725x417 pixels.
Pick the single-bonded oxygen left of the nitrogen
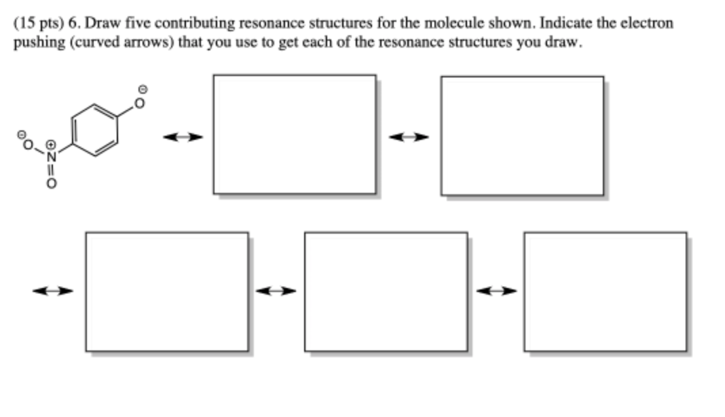[x=29, y=144]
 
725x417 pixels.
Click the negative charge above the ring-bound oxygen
[x=142, y=89]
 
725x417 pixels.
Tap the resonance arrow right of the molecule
[x=183, y=138]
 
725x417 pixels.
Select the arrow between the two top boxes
[x=409, y=138]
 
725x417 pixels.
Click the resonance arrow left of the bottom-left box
[x=53, y=291]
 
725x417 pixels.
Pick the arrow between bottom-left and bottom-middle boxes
[x=276, y=291]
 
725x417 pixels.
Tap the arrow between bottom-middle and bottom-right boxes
[x=496, y=291]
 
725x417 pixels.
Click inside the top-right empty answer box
[x=522, y=135]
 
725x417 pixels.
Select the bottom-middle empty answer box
[x=386, y=291]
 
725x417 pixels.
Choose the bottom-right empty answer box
[x=605, y=291]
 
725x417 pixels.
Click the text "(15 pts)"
[x=38, y=23]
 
